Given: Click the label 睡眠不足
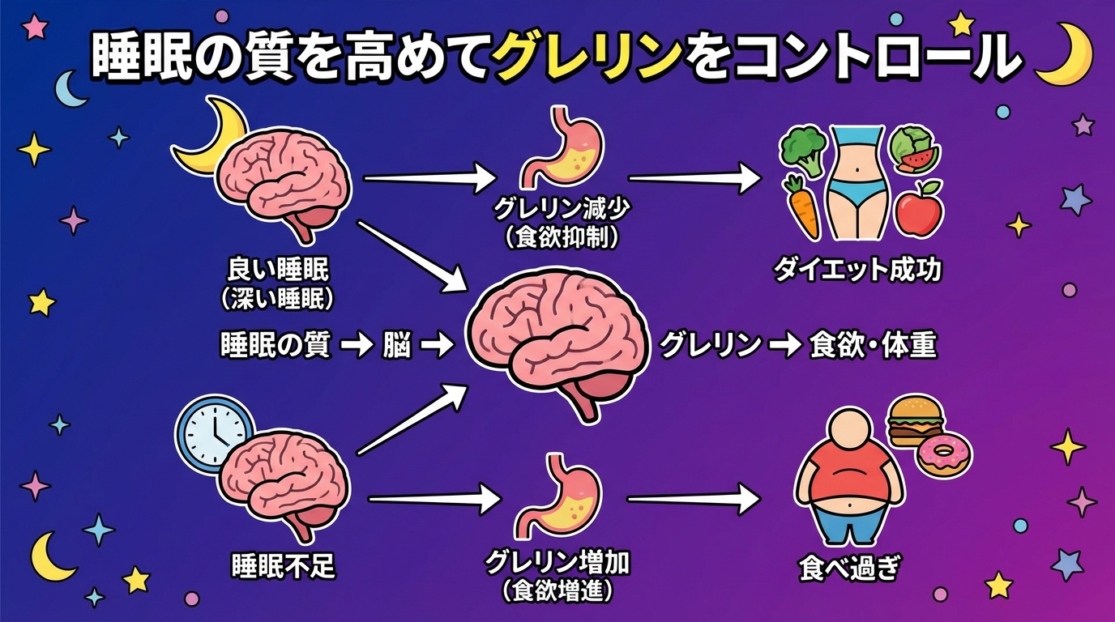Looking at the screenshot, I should [x=283, y=565].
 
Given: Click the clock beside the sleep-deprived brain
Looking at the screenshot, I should [x=212, y=433].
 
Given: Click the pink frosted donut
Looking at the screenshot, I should [x=944, y=457].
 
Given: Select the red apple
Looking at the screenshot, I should [x=919, y=207].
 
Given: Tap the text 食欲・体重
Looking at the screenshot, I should [x=873, y=346].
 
